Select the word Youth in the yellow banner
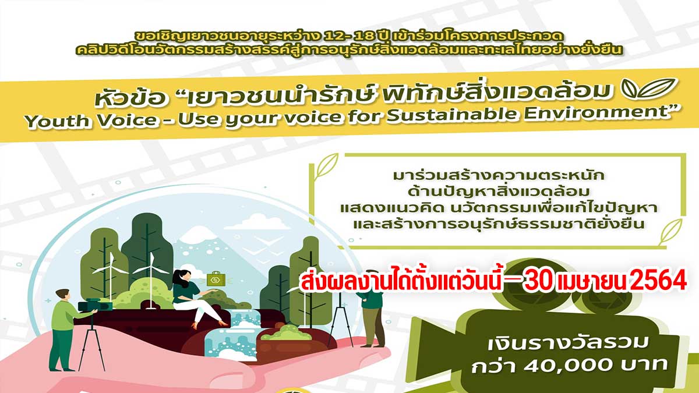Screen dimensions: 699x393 pos(57,121)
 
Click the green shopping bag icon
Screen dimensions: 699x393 pos(216,279)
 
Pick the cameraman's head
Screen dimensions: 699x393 pos(62,296)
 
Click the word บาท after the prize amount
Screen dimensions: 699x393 pos(644,364)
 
